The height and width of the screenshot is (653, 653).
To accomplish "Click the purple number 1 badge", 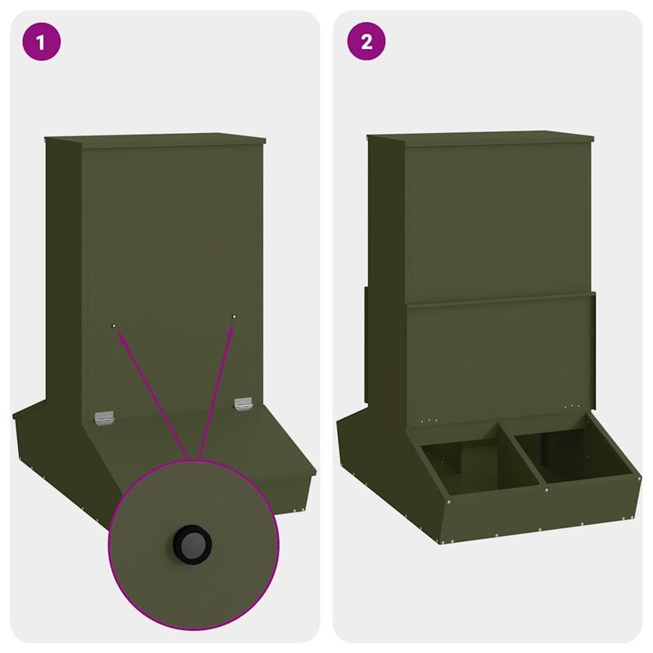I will pyautogui.click(x=42, y=42).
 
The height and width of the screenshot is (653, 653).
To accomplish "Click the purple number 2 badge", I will pyautogui.click(x=366, y=42).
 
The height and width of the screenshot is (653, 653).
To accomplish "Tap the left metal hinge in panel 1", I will pyautogui.click(x=103, y=417).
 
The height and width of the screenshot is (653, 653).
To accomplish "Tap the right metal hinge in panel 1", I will pyautogui.click(x=243, y=404).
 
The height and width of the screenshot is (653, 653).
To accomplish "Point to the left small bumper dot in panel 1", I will pyautogui.click(x=114, y=326).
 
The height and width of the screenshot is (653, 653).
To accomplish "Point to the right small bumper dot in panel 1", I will pyautogui.click(x=234, y=316).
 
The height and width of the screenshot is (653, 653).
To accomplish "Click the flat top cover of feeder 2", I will pyautogui.click(x=482, y=137).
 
